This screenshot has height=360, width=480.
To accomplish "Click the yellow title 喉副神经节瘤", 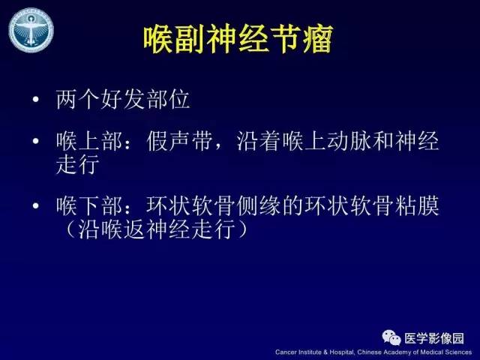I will [238, 40].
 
